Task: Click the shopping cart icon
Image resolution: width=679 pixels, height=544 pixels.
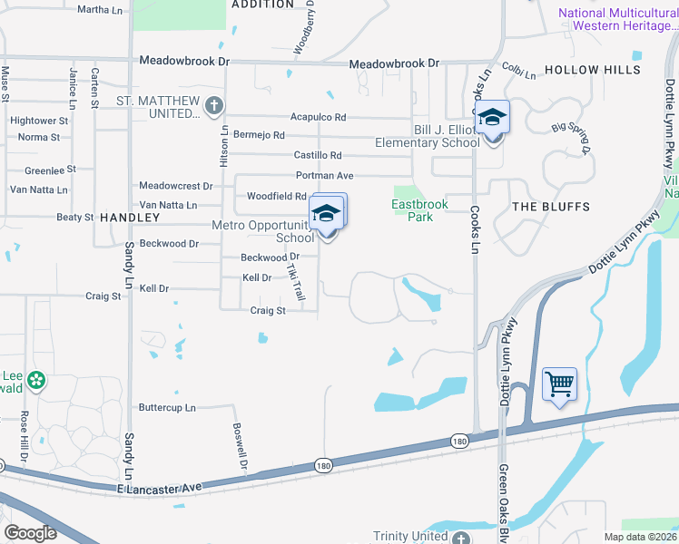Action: (x=559, y=384)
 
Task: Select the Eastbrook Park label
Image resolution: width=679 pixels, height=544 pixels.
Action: (x=419, y=210)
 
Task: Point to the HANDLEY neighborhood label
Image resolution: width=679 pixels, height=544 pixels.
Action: (x=129, y=218)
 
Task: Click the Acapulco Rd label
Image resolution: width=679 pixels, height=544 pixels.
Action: (x=318, y=117)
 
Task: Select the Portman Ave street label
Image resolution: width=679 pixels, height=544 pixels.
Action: (x=324, y=175)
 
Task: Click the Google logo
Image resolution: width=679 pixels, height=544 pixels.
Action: (x=30, y=532)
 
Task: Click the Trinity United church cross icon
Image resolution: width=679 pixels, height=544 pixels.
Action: (x=461, y=538)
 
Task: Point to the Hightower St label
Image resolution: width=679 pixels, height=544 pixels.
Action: (x=38, y=120)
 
